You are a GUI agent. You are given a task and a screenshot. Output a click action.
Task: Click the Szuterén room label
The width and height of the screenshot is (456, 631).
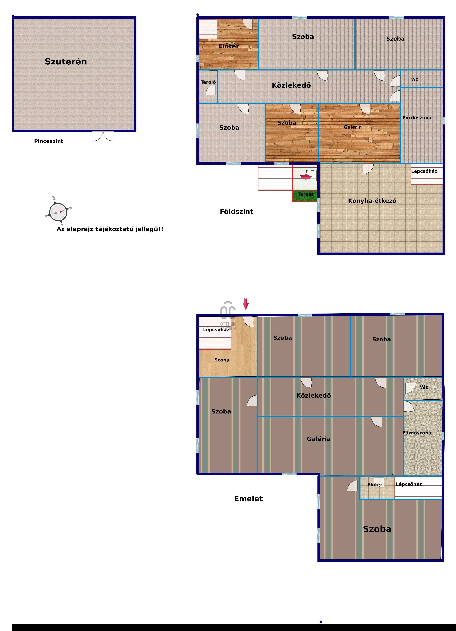(66, 61)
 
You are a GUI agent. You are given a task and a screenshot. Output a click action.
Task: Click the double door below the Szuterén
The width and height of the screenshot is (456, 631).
(103, 136)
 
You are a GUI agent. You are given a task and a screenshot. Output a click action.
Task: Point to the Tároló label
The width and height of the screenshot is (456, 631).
(208, 82)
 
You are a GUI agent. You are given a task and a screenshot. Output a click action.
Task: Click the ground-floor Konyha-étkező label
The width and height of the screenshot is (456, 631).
(372, 201)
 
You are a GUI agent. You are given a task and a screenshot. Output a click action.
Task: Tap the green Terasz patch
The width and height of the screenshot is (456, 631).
(305, 196)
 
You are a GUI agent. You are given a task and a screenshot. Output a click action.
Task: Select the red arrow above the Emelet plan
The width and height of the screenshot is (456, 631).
(246, 304)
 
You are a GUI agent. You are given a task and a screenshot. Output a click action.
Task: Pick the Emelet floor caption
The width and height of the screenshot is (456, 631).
(248, 499)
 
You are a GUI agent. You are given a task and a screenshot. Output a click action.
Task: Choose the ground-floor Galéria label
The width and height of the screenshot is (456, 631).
(352, 127)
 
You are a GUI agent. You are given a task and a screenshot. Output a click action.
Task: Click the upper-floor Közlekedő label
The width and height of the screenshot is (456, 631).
(314, 395)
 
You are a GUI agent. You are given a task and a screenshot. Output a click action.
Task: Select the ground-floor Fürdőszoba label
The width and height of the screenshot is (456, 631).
(417, 118)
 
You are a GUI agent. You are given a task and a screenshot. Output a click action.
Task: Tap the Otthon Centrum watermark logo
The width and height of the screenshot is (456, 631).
(228, 315)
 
